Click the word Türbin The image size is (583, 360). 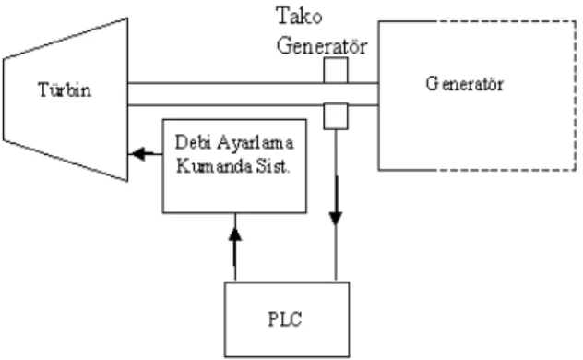tap(65, 90)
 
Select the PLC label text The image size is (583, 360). tap(285, 319)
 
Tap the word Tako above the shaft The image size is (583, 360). tap(299, 17)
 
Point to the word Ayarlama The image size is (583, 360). tap(256, 143)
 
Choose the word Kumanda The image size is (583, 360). tap(214, 166)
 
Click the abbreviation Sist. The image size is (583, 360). tap(273, 166)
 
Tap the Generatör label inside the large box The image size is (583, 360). tap(465, 84)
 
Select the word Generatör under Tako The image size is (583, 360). tap(322, 46)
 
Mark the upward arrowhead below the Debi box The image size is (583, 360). tap(235, 234)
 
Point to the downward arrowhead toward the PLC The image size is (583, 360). tap(336, 218)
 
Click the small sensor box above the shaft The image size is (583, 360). tap(336, 70)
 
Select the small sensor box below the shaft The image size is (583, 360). tap(336, 117)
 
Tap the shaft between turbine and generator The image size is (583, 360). tap(253, 94)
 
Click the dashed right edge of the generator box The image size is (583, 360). tap(576, 96)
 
